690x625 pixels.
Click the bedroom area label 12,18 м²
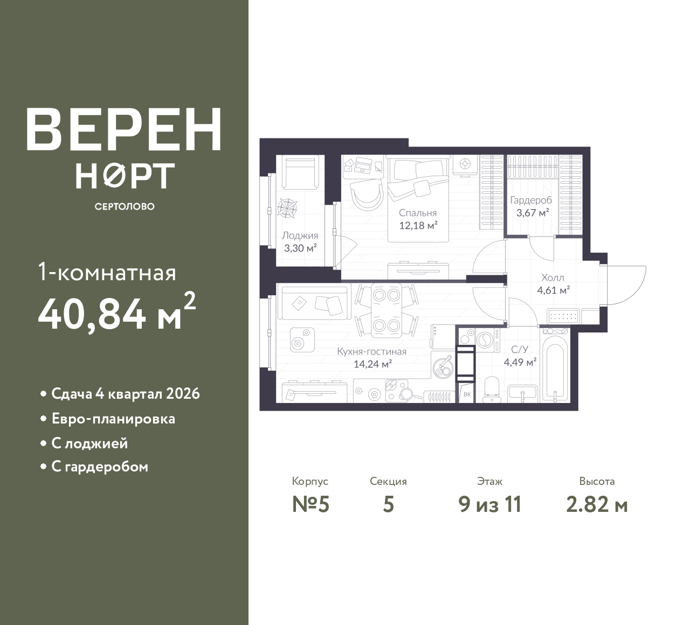pyautogui.click(x=418, y=226)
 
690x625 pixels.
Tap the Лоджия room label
pyautogui.click(x=300, y=235)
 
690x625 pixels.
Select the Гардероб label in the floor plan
pyautogui.click(x=531, y=200)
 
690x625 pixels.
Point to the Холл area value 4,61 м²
pyautogui.click(x=554, y=290)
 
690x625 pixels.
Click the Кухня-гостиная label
pyautogui.click(x=372, y=351)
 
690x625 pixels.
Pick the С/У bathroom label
pyautogui.click(x=520, y=349)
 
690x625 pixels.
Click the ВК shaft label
pyautogui.click(x=467, y=394)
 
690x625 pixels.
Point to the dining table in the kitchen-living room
pyautogui.click(x=387, y=310)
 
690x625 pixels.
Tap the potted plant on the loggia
pyautogui.click(x=287, y=208)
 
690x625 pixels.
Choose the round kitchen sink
pyautogui.click(x=442, y=367)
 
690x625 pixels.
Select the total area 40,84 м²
pyautogui.click(x=117, y=313)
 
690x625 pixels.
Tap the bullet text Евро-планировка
pyautogui.click(x=113, y=419)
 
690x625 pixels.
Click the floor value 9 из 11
pyautogui.click(x=490, y=505)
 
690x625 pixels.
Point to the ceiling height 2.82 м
pyautogui.click(x=597, y=505)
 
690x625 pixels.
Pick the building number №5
pyautogui.click(x=310, y=505)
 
